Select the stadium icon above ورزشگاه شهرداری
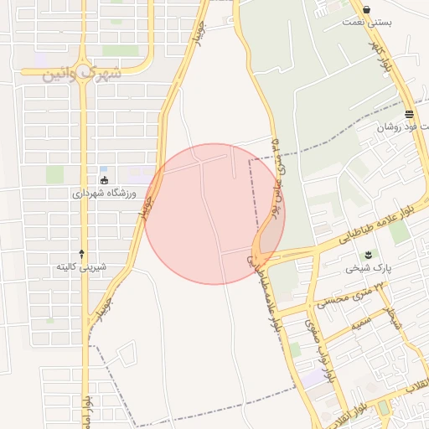(x=104, y=179)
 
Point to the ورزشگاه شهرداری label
(x=102, y=193)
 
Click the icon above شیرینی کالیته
(x=81, y=252)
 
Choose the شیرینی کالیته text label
(x=80, y=266)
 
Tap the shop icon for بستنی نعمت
(x=367, y=10)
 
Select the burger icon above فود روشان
(x=409, y=114)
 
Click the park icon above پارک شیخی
(x=367, y=255)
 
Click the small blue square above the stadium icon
(x=103, y=168)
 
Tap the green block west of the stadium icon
(x=54, y=174)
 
